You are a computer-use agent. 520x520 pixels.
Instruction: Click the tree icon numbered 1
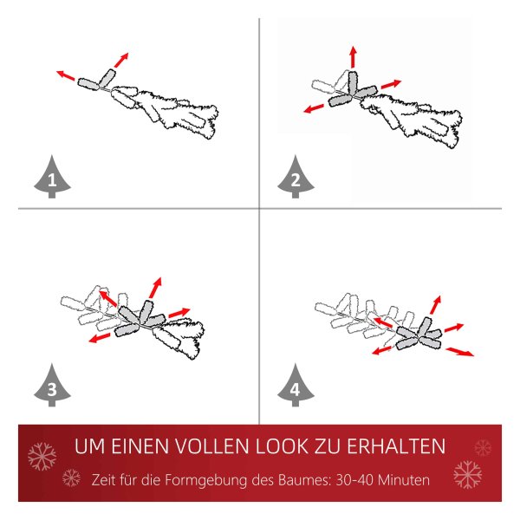[x=52, y=178]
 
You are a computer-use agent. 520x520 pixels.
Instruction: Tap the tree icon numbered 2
[x=296, y=178]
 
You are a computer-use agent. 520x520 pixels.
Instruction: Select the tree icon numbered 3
[x=52, y=386]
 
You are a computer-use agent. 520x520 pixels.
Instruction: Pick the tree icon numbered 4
[x=296, y=386]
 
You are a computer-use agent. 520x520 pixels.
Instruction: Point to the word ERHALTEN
[x=396, y=446]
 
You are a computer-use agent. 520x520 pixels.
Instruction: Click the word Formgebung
[x=206, y=480]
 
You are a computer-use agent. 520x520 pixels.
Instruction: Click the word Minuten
[x=404, y=480]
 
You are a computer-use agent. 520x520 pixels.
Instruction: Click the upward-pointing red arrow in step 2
[x=354, y=57]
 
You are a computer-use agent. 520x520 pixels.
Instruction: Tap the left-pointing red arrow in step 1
[x=65, y=75]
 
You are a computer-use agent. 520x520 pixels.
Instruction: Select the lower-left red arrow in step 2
[x=314, y=108]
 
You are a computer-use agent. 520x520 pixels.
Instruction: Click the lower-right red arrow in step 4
[x=459, y=352]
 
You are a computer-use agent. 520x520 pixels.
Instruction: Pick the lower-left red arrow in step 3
[x=100, y=338]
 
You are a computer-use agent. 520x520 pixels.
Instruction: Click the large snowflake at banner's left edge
[x=42, y=457]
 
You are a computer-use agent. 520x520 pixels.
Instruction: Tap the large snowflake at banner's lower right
[x=468, y=475]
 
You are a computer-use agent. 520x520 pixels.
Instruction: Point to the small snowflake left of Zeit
[x=71, y=478]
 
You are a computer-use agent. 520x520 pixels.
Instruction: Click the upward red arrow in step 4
[x=435, y=304]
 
